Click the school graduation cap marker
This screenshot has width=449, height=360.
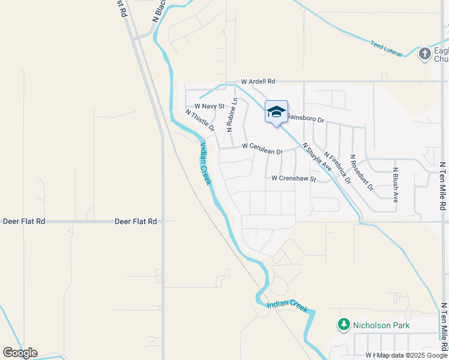coord(276,112)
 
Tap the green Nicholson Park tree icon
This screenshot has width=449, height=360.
coord(344,325)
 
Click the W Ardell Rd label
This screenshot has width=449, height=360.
coord(258,81)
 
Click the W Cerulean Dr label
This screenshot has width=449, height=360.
coord(262,148)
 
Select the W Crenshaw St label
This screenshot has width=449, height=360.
coord(294,178)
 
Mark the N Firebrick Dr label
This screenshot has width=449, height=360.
coord(337,168)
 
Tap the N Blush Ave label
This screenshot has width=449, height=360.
coord(396,184)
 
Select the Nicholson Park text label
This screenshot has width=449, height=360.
coord(382,325)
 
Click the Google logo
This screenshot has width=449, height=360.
coord(20,353)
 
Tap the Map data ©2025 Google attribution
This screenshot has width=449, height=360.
coord(412,355)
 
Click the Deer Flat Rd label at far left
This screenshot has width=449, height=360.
coord(24,221)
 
